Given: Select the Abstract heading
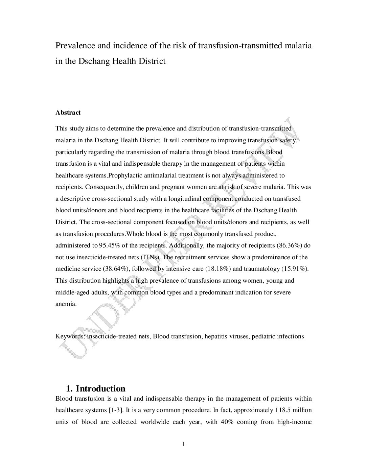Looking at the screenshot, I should coord(68,113).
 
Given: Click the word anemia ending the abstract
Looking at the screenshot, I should coord(65,304).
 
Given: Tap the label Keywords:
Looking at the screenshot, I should coord(70,336).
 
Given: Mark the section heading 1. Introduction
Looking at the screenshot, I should coord(96,388).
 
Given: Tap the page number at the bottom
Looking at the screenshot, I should coord(184,445).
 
